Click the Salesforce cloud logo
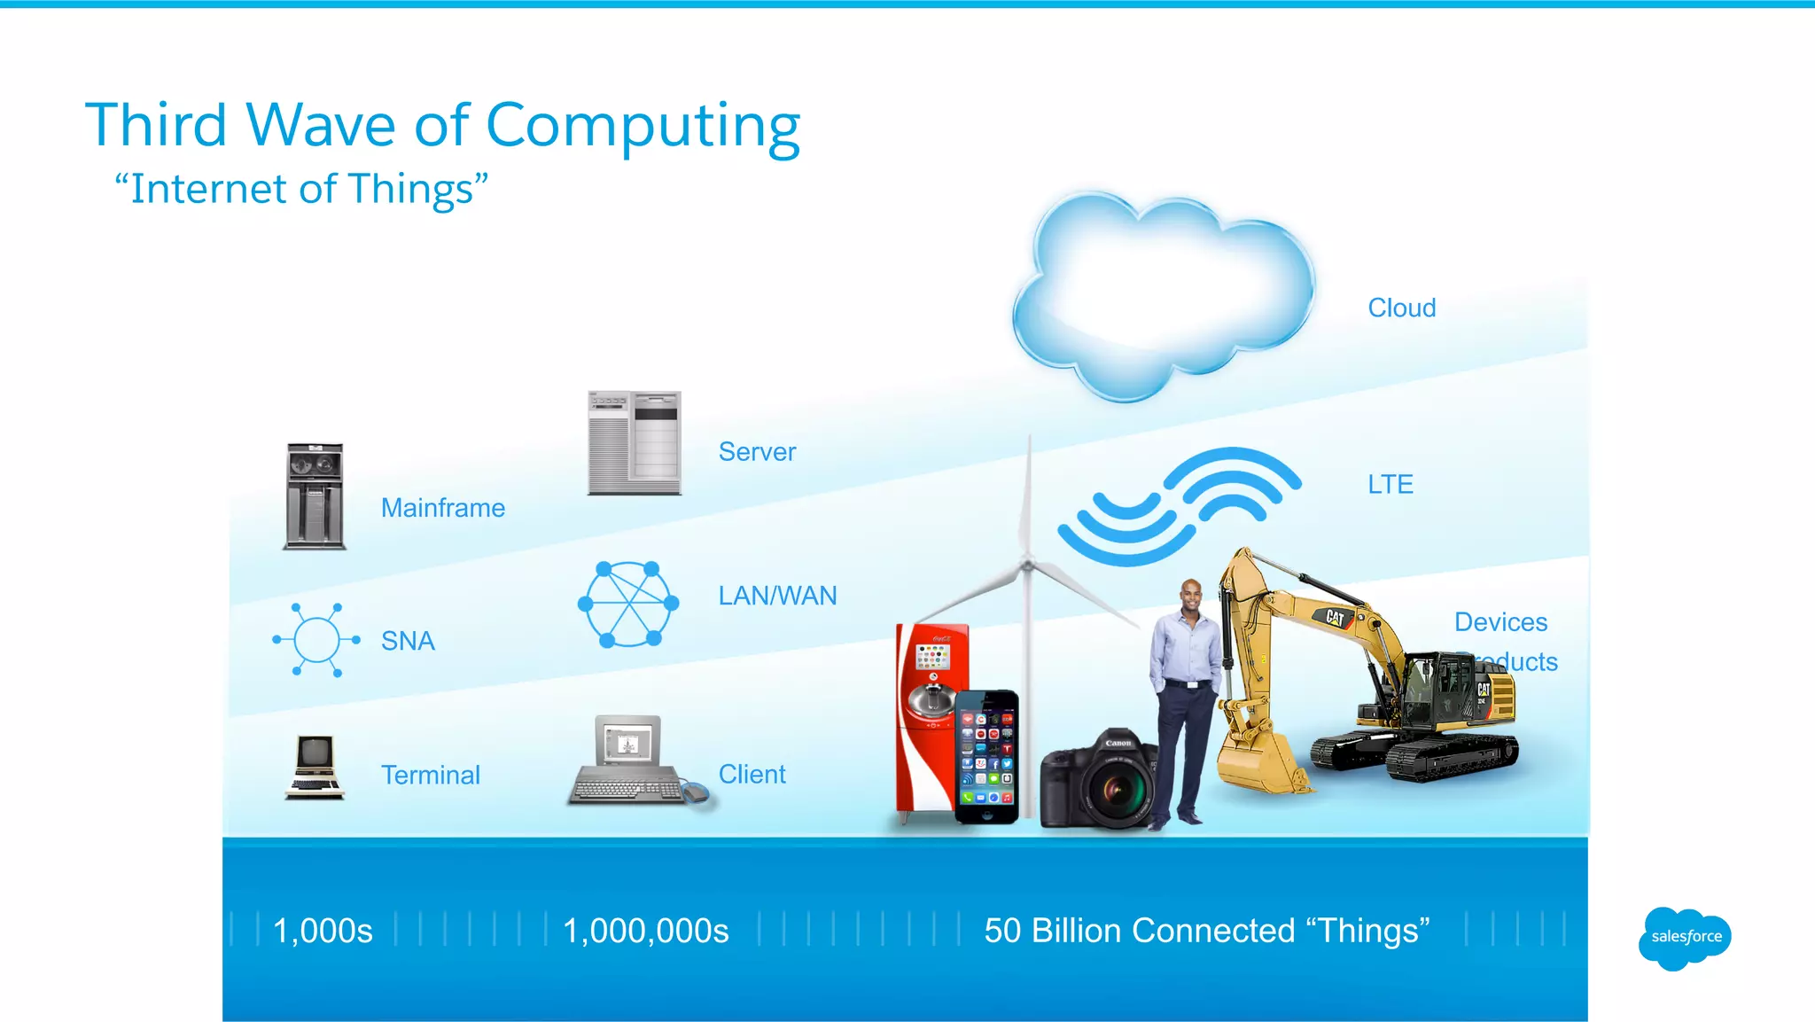(x=1685, y=937)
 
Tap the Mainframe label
(x=443, y=508)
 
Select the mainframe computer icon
(x=315, y=496)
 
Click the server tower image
(x=635, y=442)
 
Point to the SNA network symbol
(x=316, y=639)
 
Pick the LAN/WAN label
(x=777, y=596)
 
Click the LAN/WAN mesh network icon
(x=628, y=604)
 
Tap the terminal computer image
(x=315, y=767)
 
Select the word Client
(x=752, y=774)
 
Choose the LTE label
(x=1390, y=484)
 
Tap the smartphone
(x=986, y=756)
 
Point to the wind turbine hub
(x=1028, y=564)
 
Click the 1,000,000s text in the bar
(x=645, y=931)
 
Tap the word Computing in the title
(x=643, y=125)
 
